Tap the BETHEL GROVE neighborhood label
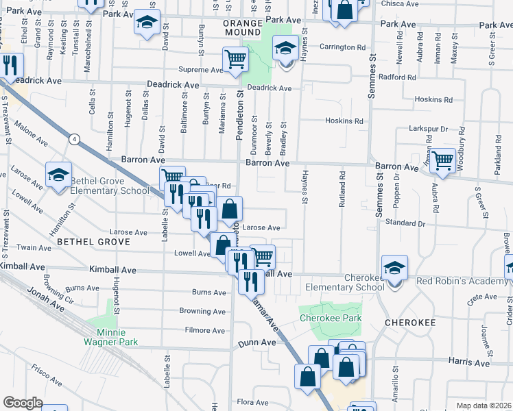[93, 242]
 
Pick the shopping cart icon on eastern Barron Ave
[443, 160]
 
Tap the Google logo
[23, 403]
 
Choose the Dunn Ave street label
[252, 342]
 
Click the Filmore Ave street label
[206, 330]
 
